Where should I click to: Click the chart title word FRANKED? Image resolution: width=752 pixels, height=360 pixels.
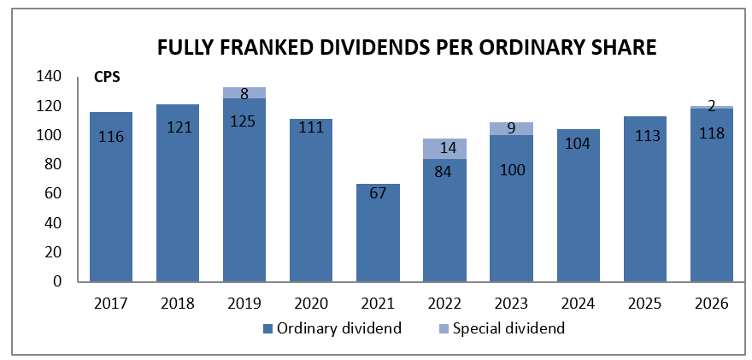click(x=272, y=49)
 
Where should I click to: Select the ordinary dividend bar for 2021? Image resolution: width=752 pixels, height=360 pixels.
click(x=378, y=233)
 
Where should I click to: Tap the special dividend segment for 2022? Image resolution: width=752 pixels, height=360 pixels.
click(x=444, y=149)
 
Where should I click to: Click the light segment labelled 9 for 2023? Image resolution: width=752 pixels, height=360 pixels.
click(x=511, y=128)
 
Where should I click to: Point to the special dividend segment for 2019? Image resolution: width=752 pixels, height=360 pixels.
click(x=244, y=93)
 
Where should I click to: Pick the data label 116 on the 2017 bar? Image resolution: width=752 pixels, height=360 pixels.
click(x=111, y=138)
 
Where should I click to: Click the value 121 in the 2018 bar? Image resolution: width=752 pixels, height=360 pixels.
click(x=178, y=127)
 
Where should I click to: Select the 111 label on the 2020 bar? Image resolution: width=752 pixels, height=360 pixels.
click(x=311, y=127)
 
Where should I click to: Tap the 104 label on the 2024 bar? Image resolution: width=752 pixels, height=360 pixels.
click(x=578, y=143)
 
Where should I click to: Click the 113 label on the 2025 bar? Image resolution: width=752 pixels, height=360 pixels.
click(x=644, y=136)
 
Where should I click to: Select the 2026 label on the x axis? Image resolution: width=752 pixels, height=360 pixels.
click(x=712, y=304)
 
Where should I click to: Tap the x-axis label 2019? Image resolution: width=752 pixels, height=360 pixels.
click(x=244, y=304)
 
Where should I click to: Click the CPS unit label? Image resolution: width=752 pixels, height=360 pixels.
click(x=106, y=78)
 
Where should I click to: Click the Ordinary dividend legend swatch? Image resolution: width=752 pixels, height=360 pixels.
click(x=267, y=329)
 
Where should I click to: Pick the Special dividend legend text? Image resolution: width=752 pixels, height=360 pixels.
click(x=508, y=329)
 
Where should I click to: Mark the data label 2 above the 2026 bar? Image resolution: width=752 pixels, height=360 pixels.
click(x=712, y=107)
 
